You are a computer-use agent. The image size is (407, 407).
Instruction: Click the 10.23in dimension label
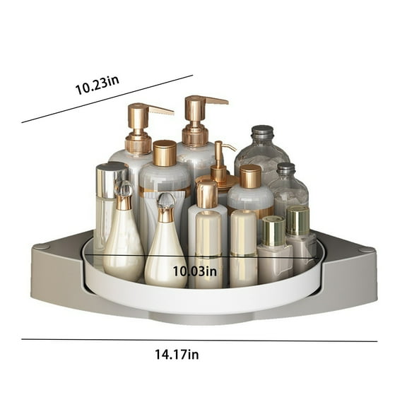(x=97, y=85)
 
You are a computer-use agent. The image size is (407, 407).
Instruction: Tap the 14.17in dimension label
(x=177, y=354)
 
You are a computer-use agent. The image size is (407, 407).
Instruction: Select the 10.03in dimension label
(x=195, y=271)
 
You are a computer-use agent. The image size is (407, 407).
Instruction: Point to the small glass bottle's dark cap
(x=285, y=169)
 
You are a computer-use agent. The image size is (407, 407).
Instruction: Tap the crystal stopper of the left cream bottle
(x=124, y=188)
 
